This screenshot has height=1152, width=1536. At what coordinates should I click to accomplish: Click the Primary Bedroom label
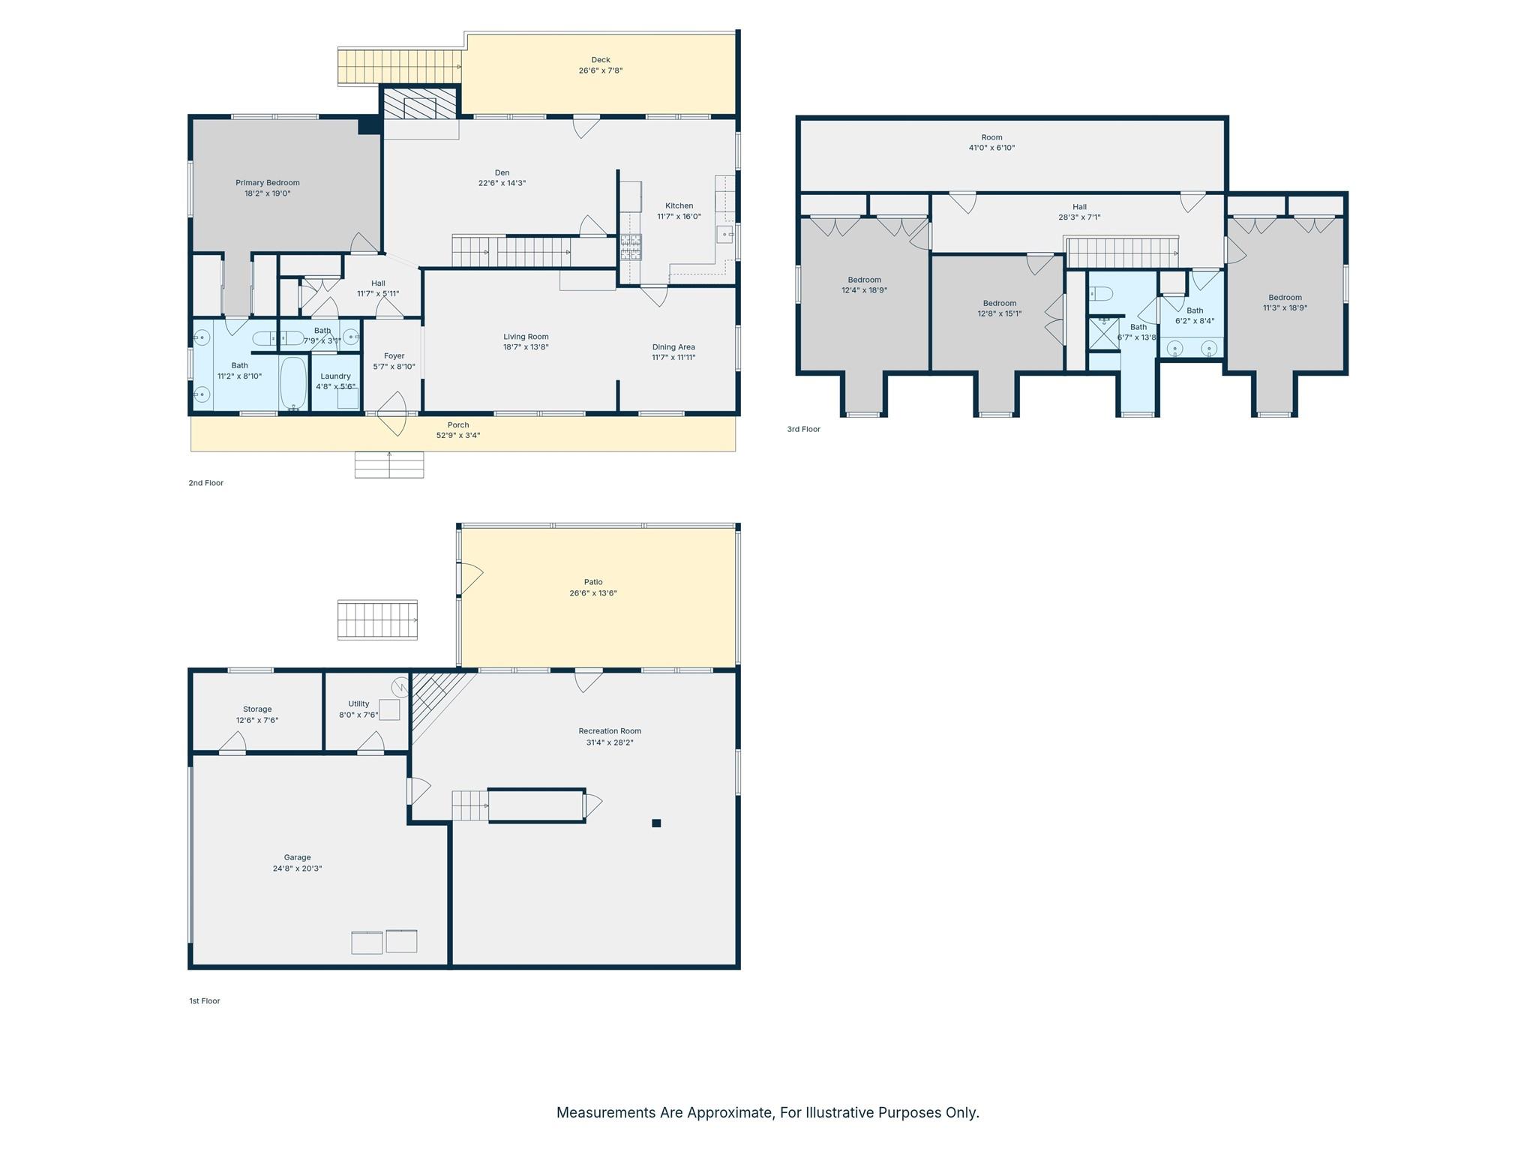click(x=267, y=182)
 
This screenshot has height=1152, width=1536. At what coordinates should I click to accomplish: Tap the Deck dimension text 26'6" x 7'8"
click(x=600, y=70)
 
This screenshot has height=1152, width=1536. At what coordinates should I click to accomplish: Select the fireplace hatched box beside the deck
click(x=419, y=103)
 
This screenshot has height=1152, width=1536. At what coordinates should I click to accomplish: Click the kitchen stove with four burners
click(x=630, y=247)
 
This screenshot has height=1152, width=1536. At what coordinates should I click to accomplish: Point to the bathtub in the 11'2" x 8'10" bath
click(x=293, y=382)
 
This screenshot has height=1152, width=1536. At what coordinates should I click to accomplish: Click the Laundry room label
click(x=335, y=376)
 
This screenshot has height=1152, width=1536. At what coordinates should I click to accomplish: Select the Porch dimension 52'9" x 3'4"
click(x=457, y=435)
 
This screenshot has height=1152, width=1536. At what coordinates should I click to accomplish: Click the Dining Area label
click(x=673, y=347)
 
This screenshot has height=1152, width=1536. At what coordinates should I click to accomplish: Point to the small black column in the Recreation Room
click(x=656, y=823)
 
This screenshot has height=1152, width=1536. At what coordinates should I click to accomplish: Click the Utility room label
click(x=358, y=703)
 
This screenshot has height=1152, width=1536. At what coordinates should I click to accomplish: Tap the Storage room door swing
click(x=233, y=742)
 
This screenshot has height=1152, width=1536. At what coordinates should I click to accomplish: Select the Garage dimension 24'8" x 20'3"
click(x=297, y=868)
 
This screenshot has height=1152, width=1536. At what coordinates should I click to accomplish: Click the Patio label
click(x=592, y=582)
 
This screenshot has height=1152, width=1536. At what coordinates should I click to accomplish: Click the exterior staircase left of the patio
click(x=377, y=619)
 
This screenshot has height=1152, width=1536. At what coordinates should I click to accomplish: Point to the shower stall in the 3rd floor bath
click(x=1103, y=333)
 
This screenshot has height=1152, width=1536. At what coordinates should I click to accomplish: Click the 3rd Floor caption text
click(x=803, y=429)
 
